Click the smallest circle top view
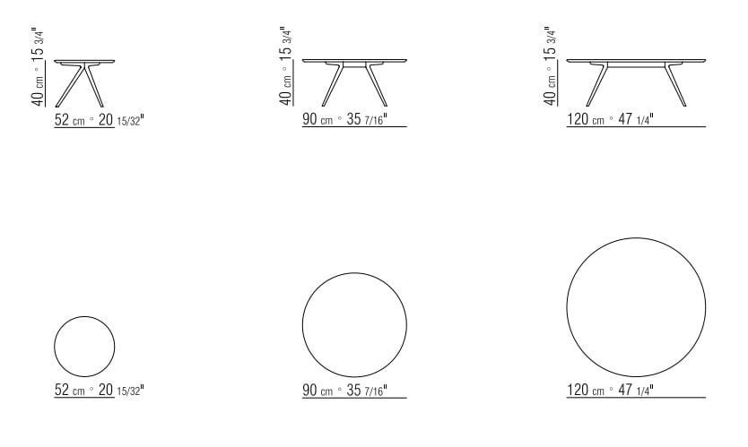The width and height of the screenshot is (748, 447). click(84, 347)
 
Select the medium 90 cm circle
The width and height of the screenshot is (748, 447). click(354, 323)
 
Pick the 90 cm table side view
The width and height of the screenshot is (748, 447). click(354, 81)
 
